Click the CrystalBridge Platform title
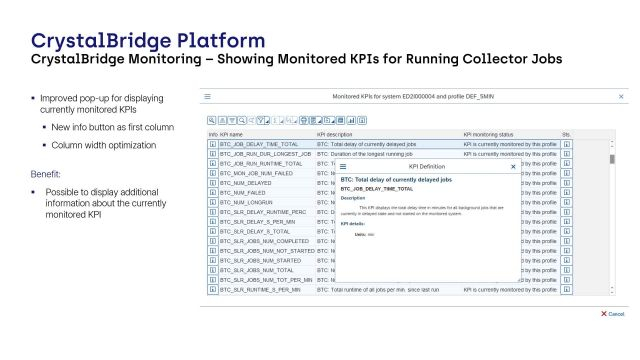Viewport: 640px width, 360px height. pos(148,41)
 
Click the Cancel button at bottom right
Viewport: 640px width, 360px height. pos(613,313)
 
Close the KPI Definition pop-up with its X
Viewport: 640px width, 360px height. pos(514,166)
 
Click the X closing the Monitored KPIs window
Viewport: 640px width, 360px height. pos(621,97)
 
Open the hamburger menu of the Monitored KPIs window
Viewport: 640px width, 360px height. pos(208,97)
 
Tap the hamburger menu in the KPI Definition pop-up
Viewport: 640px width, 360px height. pos(346,166)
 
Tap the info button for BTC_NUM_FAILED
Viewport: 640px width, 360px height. pos(212,193)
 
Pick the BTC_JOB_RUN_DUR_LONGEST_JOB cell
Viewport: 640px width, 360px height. pos(265,154)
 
